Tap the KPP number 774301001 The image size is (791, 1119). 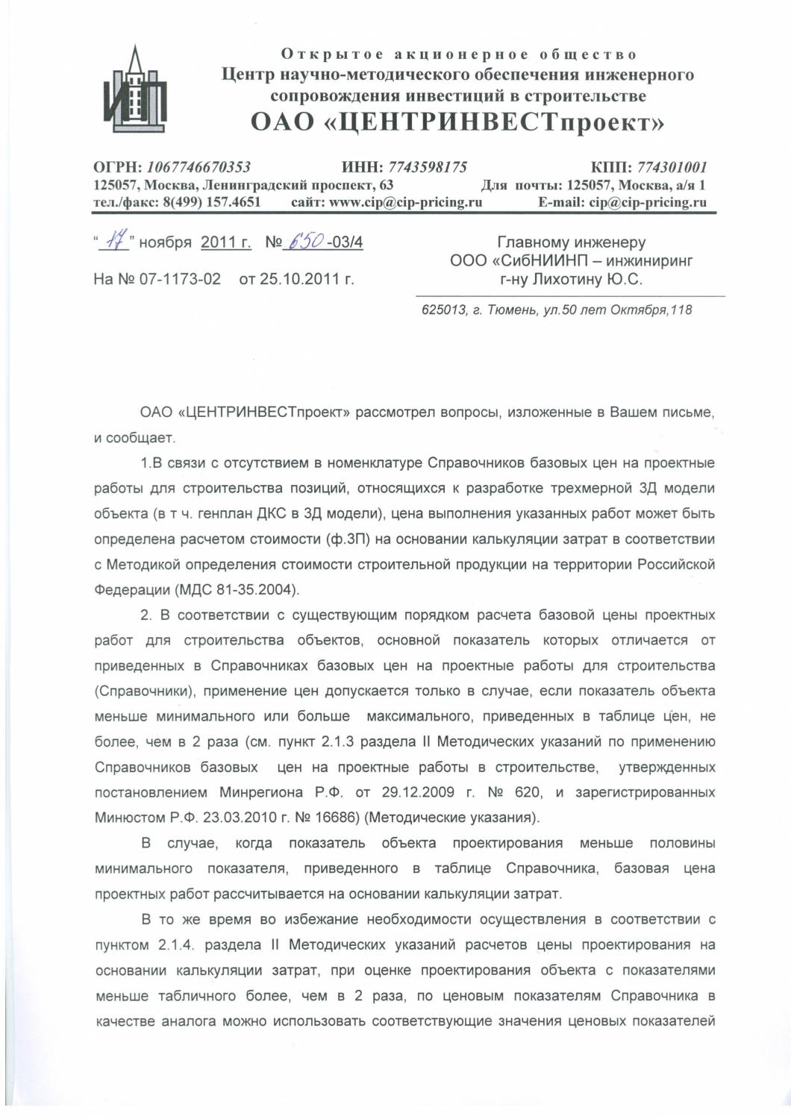671,167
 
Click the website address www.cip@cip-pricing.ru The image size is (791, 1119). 405,202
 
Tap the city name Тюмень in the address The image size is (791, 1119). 511,310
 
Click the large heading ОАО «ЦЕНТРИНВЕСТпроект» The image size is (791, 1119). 457,121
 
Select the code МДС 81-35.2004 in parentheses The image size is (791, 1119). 237,590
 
